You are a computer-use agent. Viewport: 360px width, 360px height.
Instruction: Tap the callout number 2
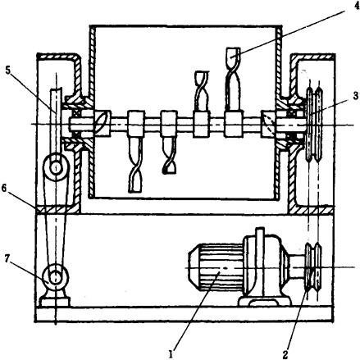(285, 353)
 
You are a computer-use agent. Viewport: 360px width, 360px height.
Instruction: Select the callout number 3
(355, 96)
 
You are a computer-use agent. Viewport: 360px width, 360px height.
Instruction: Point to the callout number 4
(356, 6)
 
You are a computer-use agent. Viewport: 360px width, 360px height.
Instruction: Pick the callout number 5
(7, 71)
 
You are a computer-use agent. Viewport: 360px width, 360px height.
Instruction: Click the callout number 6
(4, 189)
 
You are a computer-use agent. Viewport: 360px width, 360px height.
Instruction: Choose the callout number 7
(8, 259)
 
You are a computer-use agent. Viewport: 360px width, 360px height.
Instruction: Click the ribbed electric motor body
(216, 267)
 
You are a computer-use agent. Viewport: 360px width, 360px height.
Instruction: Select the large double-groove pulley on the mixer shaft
(314, 123)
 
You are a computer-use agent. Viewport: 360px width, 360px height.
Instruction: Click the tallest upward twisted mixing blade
(233, 80)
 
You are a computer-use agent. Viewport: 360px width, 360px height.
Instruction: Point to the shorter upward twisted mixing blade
(202, 91)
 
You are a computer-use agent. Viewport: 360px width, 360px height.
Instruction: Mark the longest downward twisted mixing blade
(135, 164)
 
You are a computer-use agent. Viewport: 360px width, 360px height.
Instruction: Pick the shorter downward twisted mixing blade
(169, 155)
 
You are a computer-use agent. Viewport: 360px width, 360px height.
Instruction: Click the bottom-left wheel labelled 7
(56, 276)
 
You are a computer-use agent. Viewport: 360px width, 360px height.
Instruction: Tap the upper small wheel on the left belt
(56, 166)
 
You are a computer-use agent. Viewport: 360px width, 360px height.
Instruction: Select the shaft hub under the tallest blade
(234, 123)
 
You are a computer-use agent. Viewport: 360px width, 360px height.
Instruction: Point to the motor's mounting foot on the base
(265, 301)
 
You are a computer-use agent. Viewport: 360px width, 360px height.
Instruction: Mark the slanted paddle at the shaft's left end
(103, 123)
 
